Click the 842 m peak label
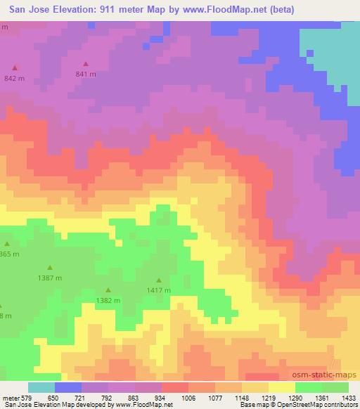(14, 78)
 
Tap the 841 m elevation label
(86, 74)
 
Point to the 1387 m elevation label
(50, 278)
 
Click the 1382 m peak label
(108, 300)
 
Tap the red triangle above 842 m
(15, 68)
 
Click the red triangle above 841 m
(86, 64)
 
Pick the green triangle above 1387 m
(50, 268)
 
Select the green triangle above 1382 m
(108, 290)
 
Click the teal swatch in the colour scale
(41, 387)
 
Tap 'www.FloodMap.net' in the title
(219, 9)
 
